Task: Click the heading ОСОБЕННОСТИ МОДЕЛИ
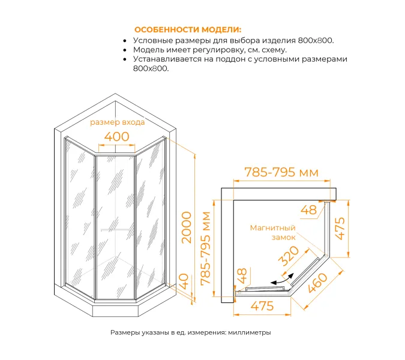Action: pos(188,29)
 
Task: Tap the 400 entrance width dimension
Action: pos(117,137)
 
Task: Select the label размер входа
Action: pos(117,122)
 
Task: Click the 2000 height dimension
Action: pos(187,227)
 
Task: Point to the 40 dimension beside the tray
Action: pos(184,282)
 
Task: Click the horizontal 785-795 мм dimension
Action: pos(281,172)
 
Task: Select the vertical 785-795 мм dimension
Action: pos(206,248)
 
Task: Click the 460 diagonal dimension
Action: pos(317,283)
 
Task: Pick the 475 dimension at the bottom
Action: pos(262,306)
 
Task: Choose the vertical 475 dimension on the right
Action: pos(340,229)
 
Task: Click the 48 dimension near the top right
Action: pos(308,210)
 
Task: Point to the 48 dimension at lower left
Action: pos(242,276)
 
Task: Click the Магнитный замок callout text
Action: pos(272,232)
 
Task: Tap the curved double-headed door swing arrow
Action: pos(283,279)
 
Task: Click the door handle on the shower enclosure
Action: pos(115,230)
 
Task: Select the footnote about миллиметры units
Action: pos(191,332)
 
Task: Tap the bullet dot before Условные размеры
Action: pos(125,41)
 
